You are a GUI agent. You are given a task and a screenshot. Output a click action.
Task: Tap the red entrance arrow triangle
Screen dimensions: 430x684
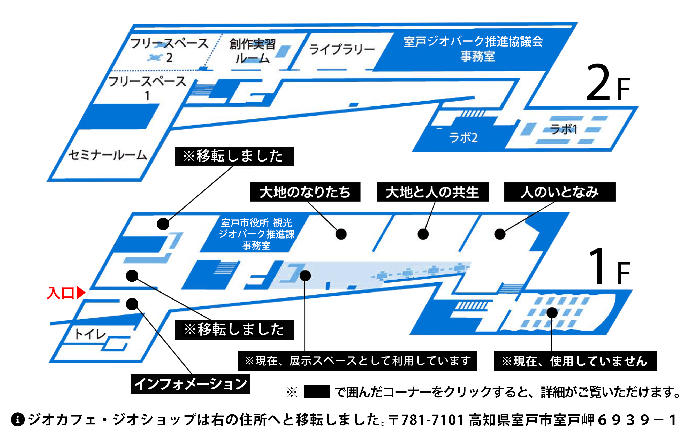tap(81, 293)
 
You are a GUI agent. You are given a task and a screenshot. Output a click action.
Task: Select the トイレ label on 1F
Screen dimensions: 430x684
tap(90, 334)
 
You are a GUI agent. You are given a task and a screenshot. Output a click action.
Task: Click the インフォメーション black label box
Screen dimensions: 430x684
tap(190, 384)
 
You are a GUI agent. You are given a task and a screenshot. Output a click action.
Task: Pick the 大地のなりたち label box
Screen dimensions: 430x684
tap(305, 192)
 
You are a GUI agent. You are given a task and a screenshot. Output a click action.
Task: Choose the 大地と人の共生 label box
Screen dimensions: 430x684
tap(433, 192)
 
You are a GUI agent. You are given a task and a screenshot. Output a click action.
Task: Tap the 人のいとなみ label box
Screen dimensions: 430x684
tap(560, 192)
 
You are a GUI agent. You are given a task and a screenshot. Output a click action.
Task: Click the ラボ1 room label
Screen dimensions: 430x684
tap(564, 129)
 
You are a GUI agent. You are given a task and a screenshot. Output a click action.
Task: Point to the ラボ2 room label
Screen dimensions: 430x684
tap(463, 137)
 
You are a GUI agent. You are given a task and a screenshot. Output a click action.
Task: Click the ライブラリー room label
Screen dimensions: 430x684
tap(342, 49)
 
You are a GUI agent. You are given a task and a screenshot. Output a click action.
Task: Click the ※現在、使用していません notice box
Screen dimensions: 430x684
tap(575, 361)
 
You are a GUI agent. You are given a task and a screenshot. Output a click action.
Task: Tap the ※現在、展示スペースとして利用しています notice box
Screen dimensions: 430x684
tap(357, 361)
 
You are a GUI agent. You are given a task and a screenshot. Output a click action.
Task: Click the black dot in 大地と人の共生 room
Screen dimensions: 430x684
tap(423, 234)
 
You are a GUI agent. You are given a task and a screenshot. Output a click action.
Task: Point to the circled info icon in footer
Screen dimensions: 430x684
tap(18, 419)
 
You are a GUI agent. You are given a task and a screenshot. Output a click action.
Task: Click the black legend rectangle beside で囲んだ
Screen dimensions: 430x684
tap(317, 392)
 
